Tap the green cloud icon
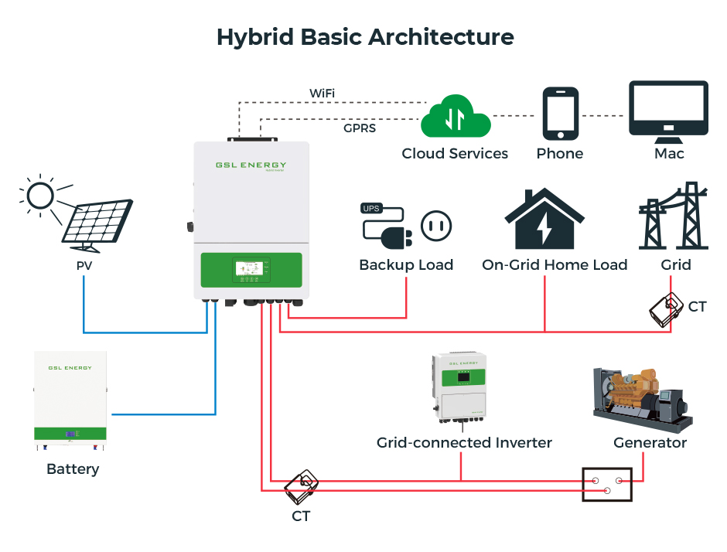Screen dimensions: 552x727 tap(455, 118)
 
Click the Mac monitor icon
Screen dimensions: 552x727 tap(668, 111)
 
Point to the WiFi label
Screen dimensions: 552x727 tap(322, 94)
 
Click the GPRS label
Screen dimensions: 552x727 tap(360, 128)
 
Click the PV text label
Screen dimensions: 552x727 tap(84, 266)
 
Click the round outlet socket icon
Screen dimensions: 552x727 tap(436, 226)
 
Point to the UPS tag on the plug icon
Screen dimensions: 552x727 tap(371, 208)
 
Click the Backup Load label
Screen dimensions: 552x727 tap(406, 265)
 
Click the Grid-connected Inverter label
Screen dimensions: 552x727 tap(464, 443)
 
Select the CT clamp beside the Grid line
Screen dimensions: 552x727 tap(666, 310)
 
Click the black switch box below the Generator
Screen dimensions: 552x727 tap(607, 485)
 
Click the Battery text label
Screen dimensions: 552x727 tap(73, 469)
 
